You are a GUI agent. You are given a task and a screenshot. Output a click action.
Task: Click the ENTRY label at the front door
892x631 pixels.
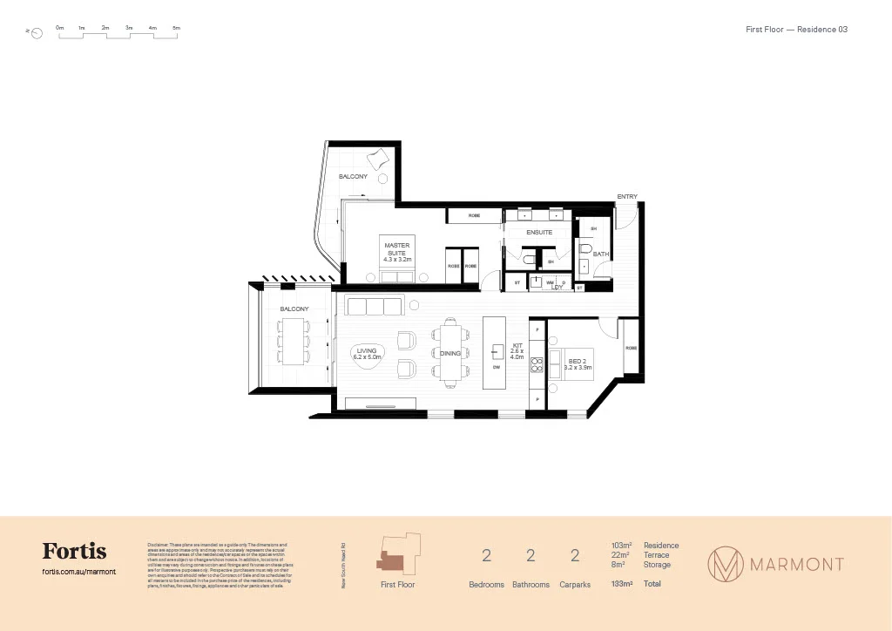pos(627,197)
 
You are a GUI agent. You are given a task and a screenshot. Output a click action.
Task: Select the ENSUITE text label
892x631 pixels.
pos(538,233)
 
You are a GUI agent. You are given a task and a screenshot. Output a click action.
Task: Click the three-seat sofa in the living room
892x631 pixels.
pos(375,306)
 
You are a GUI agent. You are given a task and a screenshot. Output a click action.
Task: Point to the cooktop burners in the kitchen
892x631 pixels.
pos(537,365)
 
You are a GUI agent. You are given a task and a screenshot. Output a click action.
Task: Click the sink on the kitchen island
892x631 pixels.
pos(497,351)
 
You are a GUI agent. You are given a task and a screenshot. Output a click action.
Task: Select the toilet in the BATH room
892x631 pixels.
pos(585,250)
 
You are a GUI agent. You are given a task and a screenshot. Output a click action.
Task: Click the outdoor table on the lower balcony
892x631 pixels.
pos(293,341)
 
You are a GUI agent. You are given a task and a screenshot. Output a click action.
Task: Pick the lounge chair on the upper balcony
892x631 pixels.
pos(380,159)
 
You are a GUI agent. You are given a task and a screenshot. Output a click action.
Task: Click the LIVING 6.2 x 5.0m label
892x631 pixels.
pos(367,353)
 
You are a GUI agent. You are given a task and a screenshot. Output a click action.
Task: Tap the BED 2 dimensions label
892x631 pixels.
pos(578,364)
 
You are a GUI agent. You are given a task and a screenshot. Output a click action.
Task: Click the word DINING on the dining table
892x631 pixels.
pos(449,354)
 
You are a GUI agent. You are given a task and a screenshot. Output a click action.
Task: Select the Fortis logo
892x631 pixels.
pos(74,552)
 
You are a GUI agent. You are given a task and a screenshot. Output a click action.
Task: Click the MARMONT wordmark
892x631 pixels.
pos(798,564)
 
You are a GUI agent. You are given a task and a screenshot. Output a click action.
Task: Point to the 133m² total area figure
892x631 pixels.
pos(622,584)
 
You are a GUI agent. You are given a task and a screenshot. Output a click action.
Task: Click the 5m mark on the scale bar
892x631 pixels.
pos(176,29)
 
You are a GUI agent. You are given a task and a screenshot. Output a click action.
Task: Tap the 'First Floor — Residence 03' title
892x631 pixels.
pos(796,30)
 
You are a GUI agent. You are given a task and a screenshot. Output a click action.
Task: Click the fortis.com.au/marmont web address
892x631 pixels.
pos(78,572)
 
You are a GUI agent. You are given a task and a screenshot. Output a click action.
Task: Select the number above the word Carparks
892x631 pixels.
pos(575,557)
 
